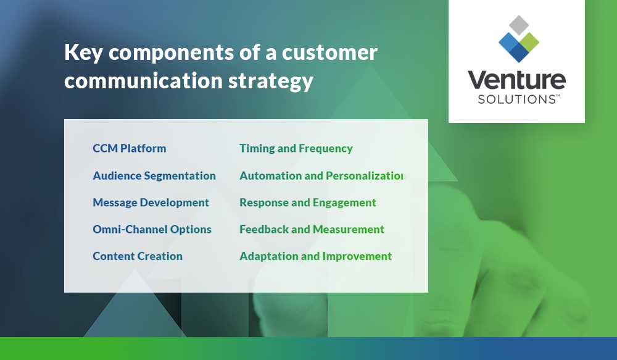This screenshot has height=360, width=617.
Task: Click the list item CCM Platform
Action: coord(129,149)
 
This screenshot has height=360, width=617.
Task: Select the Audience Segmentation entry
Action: coord(154,176)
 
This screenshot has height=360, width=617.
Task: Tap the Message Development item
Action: coord(151,203)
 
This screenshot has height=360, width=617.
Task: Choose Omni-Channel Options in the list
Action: coord(152,229)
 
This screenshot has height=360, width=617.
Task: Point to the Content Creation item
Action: coord(138,256)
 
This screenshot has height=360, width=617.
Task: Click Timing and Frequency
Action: coord(296,149)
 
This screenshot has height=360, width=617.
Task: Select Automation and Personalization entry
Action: coord(321,176)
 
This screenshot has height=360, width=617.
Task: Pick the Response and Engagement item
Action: coord(308,203)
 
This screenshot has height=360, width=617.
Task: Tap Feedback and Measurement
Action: coord(312,229)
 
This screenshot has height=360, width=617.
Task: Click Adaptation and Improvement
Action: coord(315,256)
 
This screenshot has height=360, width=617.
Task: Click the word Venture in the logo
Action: coord(516,80)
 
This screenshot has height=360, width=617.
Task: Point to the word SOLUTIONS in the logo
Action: coord(516,99)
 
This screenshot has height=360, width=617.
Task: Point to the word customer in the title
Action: coord(329,53)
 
